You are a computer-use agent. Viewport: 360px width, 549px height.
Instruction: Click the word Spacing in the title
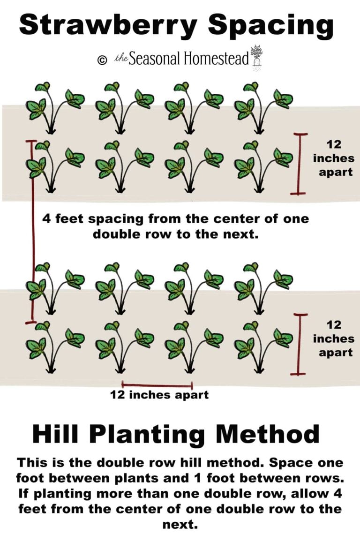point(270,26)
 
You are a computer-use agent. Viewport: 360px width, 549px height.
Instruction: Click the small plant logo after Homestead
point(256,56)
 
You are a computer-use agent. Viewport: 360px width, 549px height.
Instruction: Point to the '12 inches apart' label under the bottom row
point(159,395)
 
